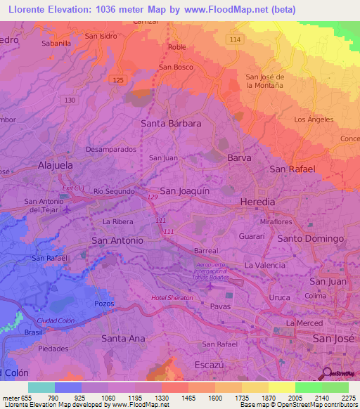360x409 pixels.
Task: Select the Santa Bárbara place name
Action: (x=171, y=123)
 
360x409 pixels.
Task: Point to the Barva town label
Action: (x=239, y=158)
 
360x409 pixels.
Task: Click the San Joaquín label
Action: (x=185, y=190)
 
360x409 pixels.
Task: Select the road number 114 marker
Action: (x=234, y=39)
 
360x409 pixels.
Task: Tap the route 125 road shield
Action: (x=118, y=80)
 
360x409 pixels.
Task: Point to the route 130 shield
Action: (x=70, y=100)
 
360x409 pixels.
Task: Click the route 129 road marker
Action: (x=153, y=198)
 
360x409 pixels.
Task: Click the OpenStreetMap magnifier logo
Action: (x=327, y=373)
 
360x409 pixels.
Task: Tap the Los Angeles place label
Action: (x=314, y=119)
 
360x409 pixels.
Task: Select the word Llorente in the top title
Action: (x=25, y=9)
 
